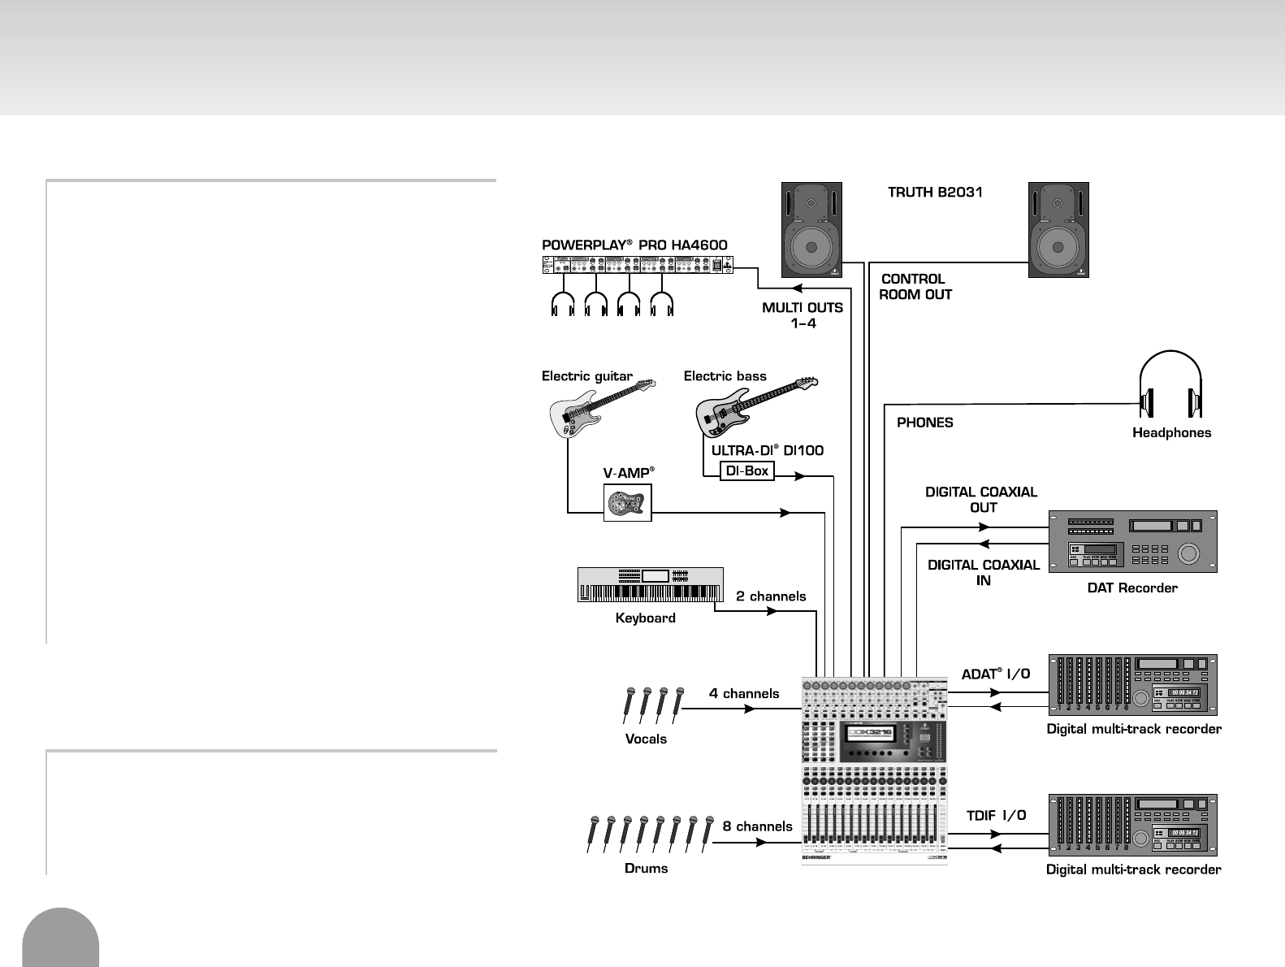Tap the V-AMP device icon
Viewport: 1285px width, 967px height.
pyautogui.click(x=627, y=502)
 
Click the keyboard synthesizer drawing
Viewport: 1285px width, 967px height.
pyautogui.click(x=650, y=584)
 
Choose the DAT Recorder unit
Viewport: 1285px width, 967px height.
pyautogui.click(x=1132, y=541)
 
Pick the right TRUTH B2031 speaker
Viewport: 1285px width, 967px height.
pyautogui.click(x=1058, y=230)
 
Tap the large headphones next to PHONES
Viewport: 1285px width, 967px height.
pyautogui.click(x=1170, y=385)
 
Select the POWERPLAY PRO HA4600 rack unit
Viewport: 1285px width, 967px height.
pyautogui.click(x=637, y=265)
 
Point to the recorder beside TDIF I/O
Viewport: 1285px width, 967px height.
pyautogui.click(x=1132, y=825)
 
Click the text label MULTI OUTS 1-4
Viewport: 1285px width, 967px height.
pyautogui.click(x=803, y=315)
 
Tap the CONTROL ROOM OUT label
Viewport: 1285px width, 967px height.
pyautogui.click(x=915, y=287)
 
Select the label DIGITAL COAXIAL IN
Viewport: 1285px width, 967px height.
pyautogui.click(x=983, y=572)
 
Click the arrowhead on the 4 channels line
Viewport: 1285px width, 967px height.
pyautogui.click(x=751, y=709)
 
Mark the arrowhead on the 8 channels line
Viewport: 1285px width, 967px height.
pyautogui.click(x=761, y=842)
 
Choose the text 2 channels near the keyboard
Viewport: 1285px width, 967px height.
pyautogui.click(x=771, y=596)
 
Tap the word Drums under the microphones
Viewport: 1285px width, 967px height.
pyautogui.click(x=646, y=868)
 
